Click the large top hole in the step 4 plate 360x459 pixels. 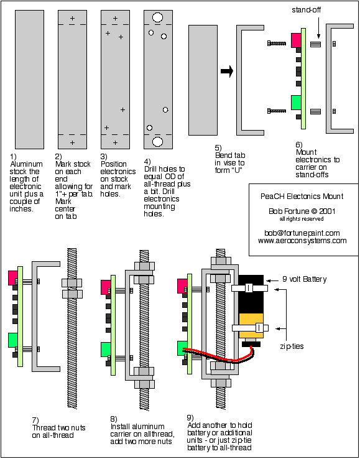[157, 17]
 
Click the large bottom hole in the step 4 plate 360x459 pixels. [157, 141]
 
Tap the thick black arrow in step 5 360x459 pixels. [227, 72]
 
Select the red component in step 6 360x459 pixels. [296, 40]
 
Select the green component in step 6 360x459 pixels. [296, 103]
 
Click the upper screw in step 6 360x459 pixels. [277, 44]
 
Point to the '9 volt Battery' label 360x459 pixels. [305, 279]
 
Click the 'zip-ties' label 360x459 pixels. [291, 346]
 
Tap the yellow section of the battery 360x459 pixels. [251, 325]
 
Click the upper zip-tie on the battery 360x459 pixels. [250, 289]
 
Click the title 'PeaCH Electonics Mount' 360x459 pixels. [302, 196]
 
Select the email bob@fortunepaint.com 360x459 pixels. [302, 233]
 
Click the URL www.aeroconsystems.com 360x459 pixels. [302, 241]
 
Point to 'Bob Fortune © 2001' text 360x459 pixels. [302, 211]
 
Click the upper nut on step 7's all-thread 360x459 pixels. [72, 283]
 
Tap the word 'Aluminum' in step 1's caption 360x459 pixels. [26, 164]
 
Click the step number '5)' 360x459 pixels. [219, 147]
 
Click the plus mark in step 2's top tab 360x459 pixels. [72, 18]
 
